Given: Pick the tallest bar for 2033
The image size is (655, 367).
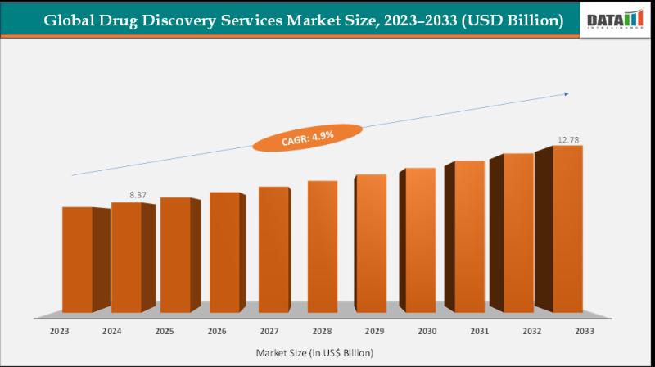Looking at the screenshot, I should [567, 229].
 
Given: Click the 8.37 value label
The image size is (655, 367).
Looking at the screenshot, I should [137, 194].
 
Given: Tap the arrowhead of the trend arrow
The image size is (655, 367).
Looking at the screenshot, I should [568, 95].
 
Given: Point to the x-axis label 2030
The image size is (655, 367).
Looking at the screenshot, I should [426, 332].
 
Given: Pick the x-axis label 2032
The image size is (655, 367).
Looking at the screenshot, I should [531, 332].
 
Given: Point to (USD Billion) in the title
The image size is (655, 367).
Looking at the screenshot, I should [513, 20].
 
